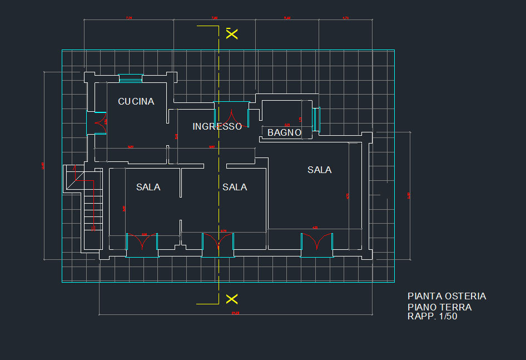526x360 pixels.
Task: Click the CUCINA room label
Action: [x=136, y=102]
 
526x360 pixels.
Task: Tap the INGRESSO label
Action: [x=217, y=127]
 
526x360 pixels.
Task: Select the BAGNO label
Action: [x=284, y=133]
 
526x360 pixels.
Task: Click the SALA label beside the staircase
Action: [x=148, y=188]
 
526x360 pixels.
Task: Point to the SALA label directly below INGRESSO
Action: [x=235, y=188]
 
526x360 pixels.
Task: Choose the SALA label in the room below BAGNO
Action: [x=320, y=170]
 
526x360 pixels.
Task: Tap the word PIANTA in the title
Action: [x=421, y=297]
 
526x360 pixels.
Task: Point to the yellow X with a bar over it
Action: [x=232, y=33]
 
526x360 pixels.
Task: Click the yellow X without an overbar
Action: [x=232, y=299]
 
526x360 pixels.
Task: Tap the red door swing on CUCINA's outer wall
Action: [x=101, y=124]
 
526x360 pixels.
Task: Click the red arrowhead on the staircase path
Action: [x=93, y=227]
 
